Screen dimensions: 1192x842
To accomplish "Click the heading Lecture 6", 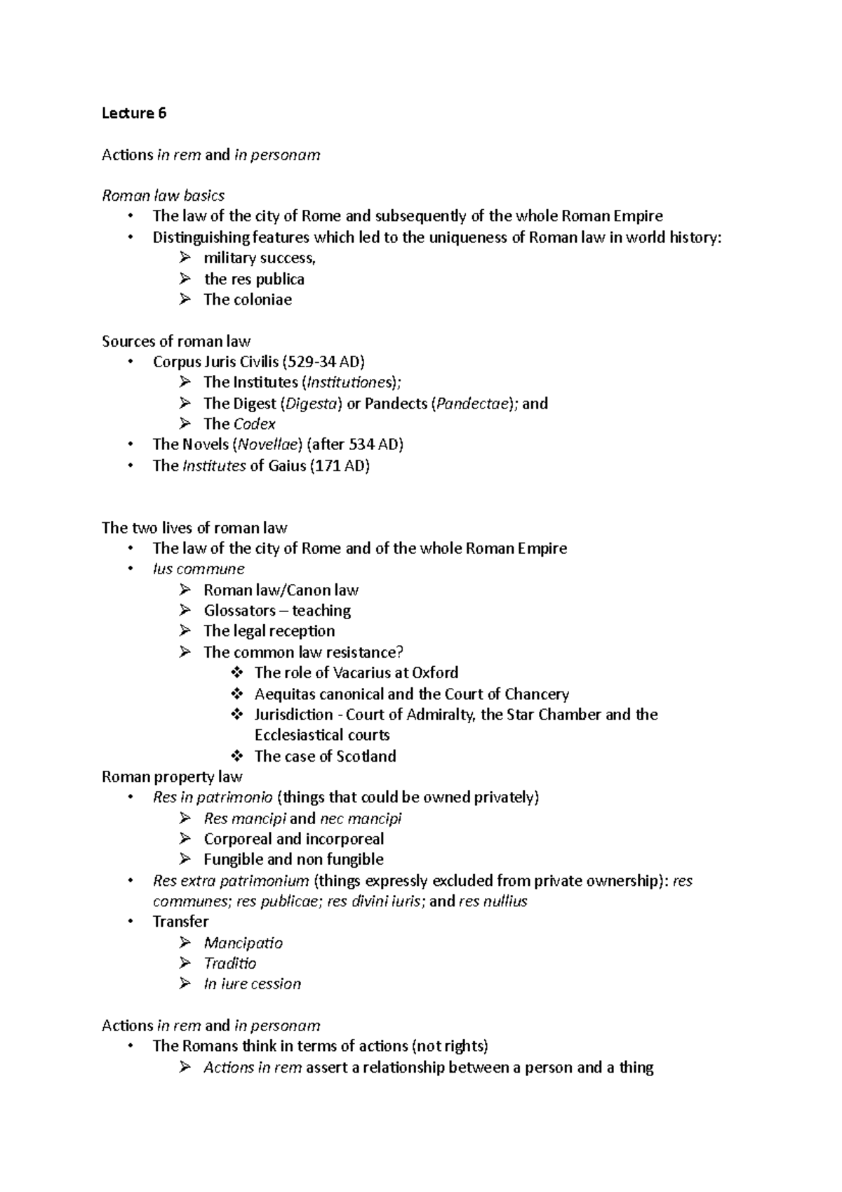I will coord(134,113).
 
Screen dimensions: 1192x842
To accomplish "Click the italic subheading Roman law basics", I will coord(163,195).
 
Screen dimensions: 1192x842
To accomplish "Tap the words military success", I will coord(259,258).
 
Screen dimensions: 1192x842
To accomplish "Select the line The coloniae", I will coord(247,300).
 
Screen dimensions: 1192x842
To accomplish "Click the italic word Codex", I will coord(254,424).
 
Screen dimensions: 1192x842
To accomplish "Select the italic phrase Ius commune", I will coord(199,569).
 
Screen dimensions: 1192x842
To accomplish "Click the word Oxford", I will coord(435,673).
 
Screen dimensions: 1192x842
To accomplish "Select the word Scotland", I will coord(366,756).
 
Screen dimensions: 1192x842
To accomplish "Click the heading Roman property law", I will coord(172,776).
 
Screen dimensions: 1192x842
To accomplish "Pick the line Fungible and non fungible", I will coord(293,859).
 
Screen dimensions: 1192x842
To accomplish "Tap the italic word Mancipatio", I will coord(243,943).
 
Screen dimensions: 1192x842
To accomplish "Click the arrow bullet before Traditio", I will coord(185,963).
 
